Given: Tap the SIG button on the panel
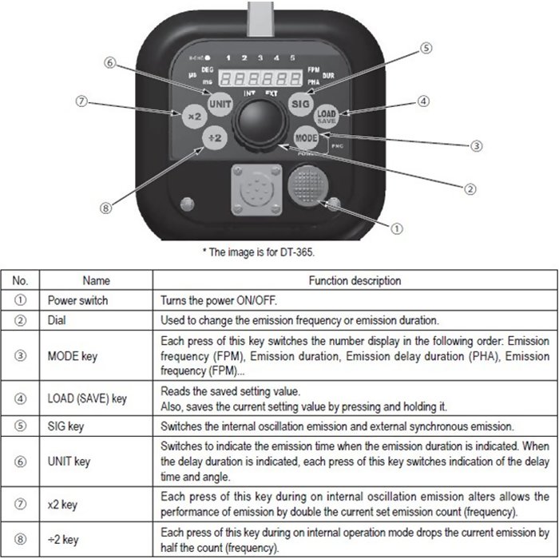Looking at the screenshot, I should coord(300,105).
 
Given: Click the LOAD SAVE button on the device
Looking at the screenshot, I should coord(326,117).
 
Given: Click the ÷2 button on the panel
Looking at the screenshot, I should coord(215,137).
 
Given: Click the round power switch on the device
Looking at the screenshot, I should coord(308,185).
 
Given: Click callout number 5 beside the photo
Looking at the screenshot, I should coord(428,48).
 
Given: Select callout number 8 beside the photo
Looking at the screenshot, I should coord(105,208).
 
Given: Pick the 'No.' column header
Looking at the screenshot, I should coord(21,281).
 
